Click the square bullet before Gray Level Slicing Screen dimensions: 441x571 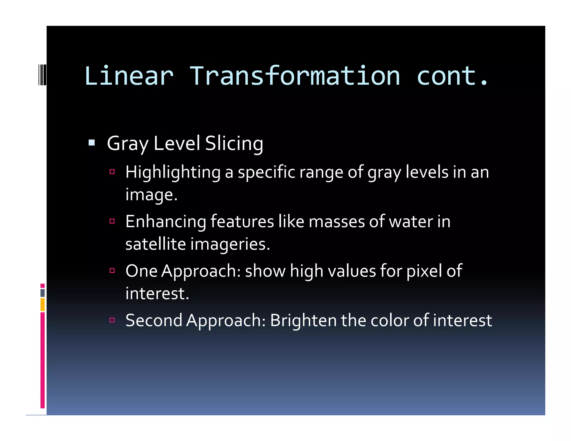[x=91, y=143]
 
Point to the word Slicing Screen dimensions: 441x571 [x=234, y=144]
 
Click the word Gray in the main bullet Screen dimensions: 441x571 [x=127, y=144]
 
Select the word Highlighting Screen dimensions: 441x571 [x=173, y=172]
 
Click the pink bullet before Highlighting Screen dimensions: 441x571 [x=112, y=172]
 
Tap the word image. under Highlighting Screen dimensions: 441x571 [x=151, y=195]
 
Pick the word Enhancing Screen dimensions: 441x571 [x=166, y=222]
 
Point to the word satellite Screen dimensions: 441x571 [x=156, y=244]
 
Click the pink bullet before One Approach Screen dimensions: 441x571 [x=112, y=270]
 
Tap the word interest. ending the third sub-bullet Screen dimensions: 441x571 [x=157, y=294]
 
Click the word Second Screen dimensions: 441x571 [x=154, y=320]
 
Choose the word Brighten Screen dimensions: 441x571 [x=303, y=320]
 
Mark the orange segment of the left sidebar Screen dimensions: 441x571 [x=42, y=305]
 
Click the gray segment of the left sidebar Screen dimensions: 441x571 [x=42, y=293]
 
